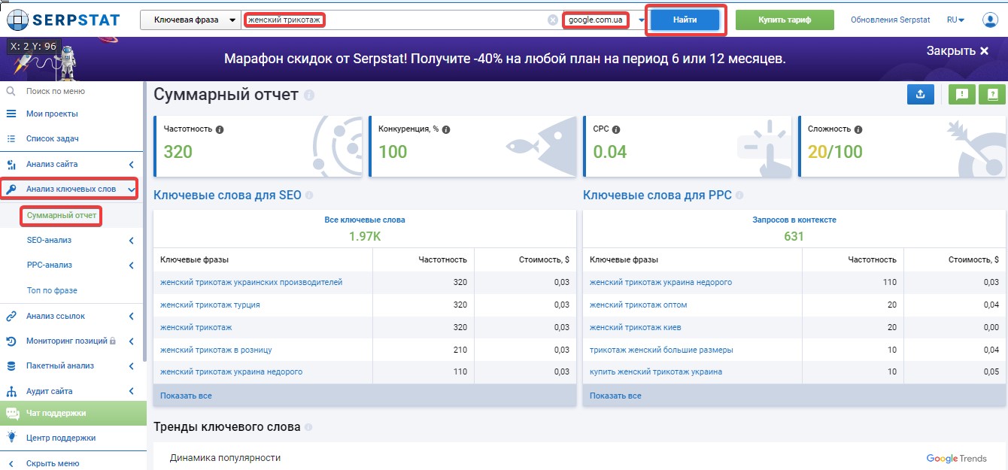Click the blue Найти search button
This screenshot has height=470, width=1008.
pyautogui.click(x=685, y=20)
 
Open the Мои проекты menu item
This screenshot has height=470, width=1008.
pyautogui.click(x=52, y=114)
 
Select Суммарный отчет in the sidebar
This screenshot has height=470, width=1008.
pyautogui.click(x=61, y=215)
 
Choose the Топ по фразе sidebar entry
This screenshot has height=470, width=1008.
pyautogui.click(x=52, y=290)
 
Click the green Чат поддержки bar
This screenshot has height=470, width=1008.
pyautogui.click(x=74, y=413)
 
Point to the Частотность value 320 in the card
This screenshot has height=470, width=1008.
pyautogui.click(x=178, y=152)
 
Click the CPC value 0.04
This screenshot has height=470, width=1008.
pyautogui.click(x=610, y=152)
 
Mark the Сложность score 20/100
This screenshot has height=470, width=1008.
pyautogui.click(x=835, y=152)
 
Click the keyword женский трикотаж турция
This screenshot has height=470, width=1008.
pyautogui.click(x=210, y=305)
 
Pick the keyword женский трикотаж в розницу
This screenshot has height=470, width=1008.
pyautogui.click(x=216, y=350)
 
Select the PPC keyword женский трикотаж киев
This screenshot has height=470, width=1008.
pyautogui.click(x=635, y=327)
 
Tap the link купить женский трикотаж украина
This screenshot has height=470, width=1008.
pyautogui.click(x=656, y=372)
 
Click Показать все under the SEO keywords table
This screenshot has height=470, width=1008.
pyautogui.click(x=186, y=396)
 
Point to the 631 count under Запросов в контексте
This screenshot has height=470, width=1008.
pyautogui.click(x=794, y=237)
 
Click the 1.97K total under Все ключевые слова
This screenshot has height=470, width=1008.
pyautogui.click(x=365, y=237)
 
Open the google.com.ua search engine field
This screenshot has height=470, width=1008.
pyautogui.click(x=595, y=20)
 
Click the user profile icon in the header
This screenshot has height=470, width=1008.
pyautogui.click(x=990, y=20)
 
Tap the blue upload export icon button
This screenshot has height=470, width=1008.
pyautogui.click(x=920, y=95)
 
